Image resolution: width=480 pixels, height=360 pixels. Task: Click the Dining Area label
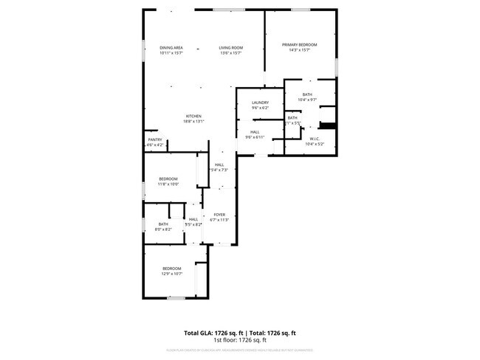pos(171,48)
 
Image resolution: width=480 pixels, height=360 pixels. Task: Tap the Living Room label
pos(230,48)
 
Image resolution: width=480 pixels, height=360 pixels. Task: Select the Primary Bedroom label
pos(299,45)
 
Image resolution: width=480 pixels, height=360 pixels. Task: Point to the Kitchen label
pos(193,117)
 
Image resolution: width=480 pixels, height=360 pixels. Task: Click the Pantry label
pos(154,139)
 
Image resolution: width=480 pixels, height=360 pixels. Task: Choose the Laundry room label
pos(259,103)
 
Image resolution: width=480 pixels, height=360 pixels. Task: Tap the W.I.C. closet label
pos(314,139)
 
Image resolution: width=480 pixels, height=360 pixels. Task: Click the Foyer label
pos(219,215)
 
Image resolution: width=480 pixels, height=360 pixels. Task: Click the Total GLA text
pos(214,333)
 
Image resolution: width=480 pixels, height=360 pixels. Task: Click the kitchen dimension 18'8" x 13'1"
pos(193,122)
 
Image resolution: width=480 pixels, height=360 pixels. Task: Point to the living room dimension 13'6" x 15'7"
pos(230,53)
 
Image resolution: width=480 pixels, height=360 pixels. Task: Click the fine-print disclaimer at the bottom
pos(240,350)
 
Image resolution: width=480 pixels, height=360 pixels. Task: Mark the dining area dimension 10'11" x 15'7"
pos(171,53)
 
